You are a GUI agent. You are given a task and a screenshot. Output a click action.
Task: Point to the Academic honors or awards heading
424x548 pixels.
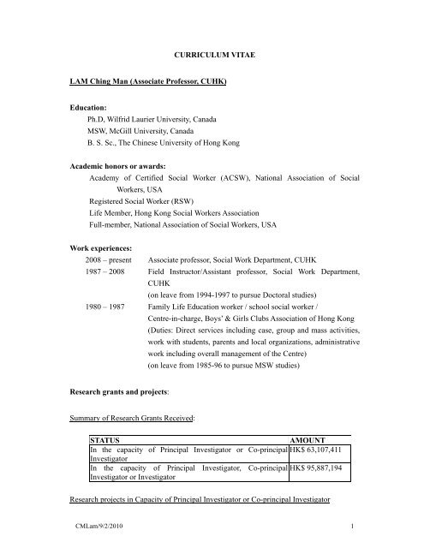[x=130, y=166]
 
